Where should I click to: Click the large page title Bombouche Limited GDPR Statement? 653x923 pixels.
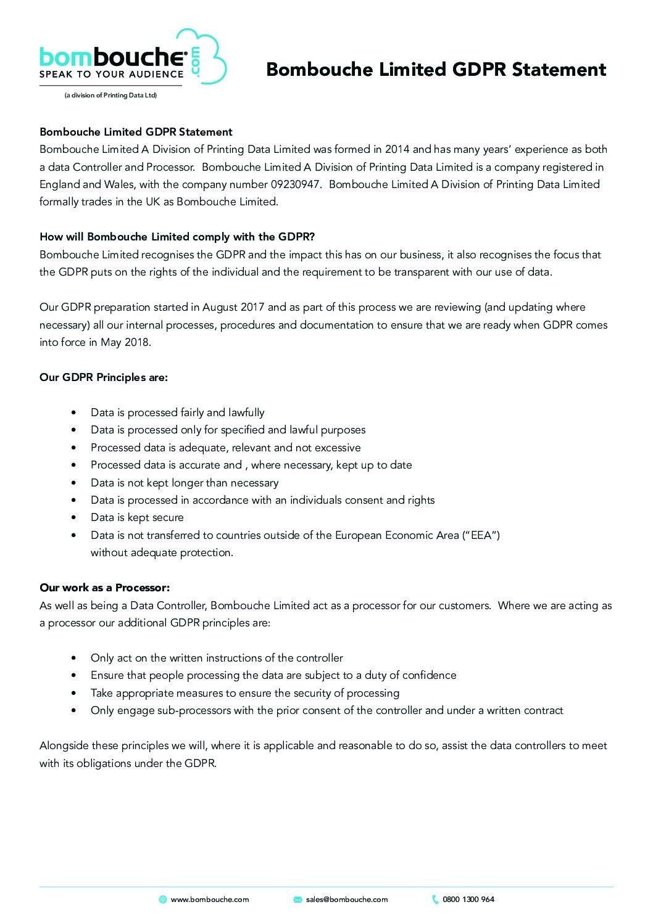point(436,70)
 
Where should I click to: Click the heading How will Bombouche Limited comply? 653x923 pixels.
point(177,237)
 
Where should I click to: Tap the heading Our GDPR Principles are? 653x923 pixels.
point(103,377)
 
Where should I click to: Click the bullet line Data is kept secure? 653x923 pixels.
point(137,517)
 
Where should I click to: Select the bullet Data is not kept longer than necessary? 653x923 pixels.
point(184,483)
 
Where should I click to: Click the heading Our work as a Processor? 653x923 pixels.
point(104,588)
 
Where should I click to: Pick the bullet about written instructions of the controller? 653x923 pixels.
point(216,658)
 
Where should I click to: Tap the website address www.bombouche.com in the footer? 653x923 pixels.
point(209,900)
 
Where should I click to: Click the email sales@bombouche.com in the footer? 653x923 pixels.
point(346,900)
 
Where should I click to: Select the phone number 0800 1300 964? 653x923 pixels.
point(468,900)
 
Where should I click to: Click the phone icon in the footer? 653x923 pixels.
point(435,900)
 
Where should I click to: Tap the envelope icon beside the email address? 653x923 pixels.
point(297,900)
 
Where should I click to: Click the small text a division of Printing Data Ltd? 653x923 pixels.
point(110,96)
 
